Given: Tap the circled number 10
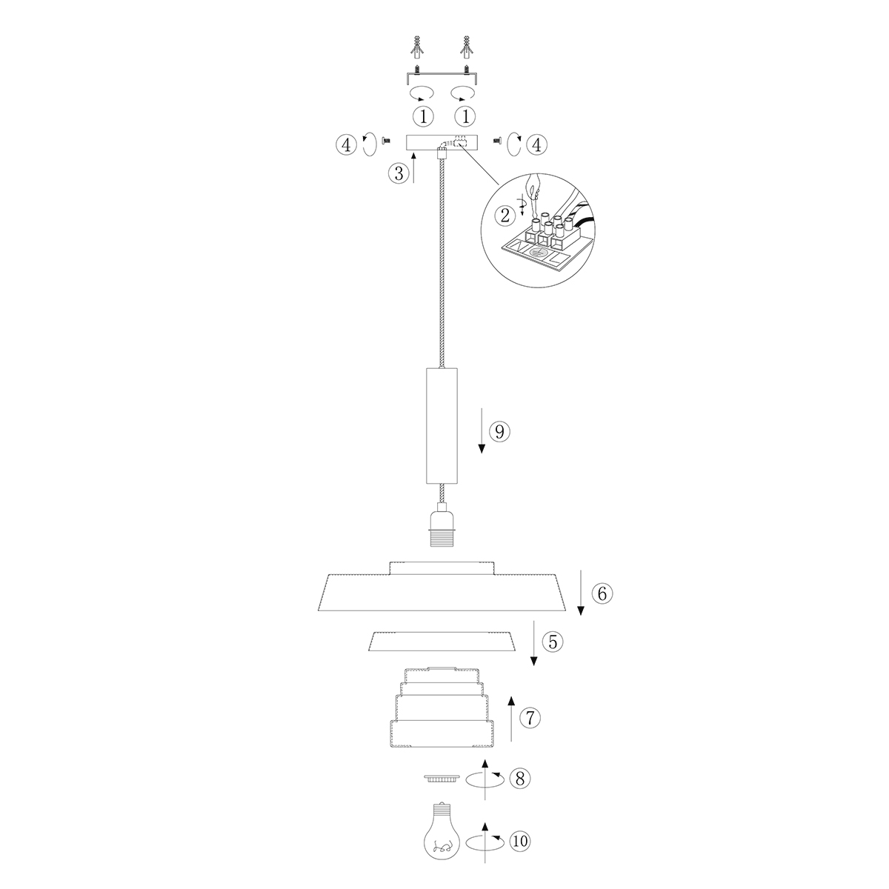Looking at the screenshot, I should [519, 841].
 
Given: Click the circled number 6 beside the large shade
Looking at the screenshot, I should [602, 593].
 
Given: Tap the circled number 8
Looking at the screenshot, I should [522, 778].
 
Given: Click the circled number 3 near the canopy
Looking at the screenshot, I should [398, 173].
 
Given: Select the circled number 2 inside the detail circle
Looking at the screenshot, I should [505, 216].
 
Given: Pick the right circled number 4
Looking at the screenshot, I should [537, 144].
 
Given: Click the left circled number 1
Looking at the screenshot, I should [423, 116].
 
